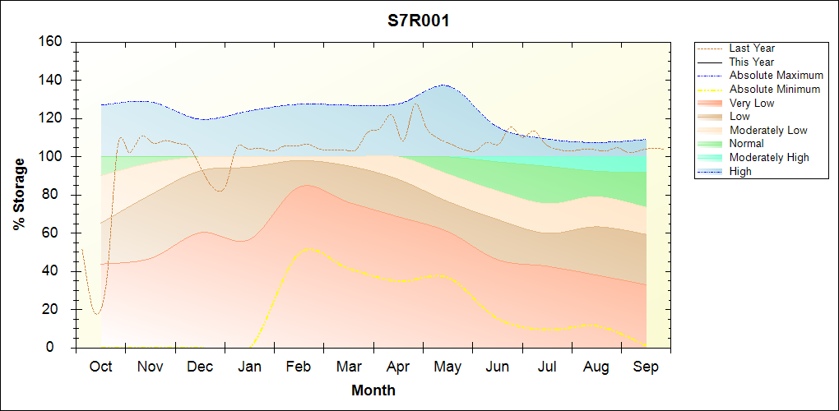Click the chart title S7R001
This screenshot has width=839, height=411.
tap(419, 21)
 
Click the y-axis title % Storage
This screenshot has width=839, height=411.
tap(20, 194)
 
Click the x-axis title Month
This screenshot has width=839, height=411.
tap(373, 390)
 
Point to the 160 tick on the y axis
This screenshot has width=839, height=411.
tap(52, 41)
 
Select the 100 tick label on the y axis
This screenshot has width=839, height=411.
tap(52, 156)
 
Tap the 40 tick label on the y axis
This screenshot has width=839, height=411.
tap(55, 271)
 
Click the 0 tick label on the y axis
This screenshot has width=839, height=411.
tap(59, 348)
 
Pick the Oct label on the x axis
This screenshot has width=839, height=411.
tap(100, 367)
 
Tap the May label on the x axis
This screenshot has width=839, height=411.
tap(447, 367)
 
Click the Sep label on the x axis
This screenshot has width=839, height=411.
tap(646, 367)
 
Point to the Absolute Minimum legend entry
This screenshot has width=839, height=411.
tap(774, 90)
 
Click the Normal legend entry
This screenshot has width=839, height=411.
tap(746, 144)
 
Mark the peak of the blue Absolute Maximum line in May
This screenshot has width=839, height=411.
tap(443, 85)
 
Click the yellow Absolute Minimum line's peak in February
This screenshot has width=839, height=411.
tap(308, 248)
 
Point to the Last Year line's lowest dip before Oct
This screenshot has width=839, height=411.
tap(97, 314)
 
